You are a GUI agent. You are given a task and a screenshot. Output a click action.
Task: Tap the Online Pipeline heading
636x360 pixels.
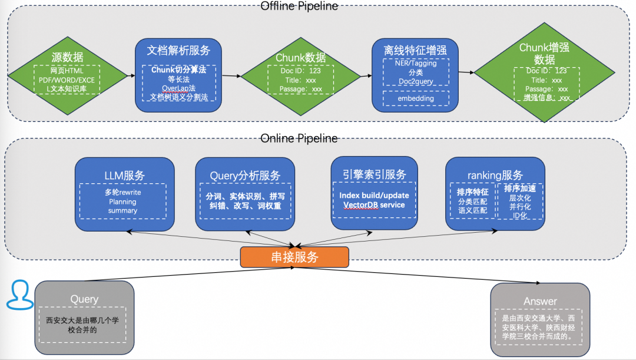coord(299,138)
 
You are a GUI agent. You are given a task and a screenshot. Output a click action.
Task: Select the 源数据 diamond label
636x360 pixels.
coord(67,57)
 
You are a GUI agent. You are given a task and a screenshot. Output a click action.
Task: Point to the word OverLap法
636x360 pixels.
coord(178,88)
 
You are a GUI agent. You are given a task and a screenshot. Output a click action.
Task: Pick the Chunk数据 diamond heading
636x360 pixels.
coord(300,58)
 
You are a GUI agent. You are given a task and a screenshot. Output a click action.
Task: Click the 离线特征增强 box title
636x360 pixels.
coord(415,51)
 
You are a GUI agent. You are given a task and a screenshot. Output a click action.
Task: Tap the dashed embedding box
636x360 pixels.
coord(415,98)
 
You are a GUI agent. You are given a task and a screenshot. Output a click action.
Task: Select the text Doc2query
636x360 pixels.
coord(416,81)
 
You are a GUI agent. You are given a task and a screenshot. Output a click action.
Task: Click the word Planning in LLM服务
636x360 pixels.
coord(123,202)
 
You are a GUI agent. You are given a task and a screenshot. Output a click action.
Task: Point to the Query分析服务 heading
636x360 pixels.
coord(245,176)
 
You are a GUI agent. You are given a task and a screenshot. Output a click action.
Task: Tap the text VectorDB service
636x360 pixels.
coord(374,204)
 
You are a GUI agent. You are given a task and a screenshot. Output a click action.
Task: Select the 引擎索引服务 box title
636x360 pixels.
coord(375,174)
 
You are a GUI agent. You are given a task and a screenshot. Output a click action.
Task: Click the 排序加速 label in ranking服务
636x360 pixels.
coord(520,189)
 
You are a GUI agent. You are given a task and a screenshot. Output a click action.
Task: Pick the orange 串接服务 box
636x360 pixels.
coord(294,257)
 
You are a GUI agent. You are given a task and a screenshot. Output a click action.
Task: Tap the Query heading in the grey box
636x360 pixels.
coord(84,299)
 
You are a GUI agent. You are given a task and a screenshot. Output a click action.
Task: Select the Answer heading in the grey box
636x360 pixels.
coord(540,301)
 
